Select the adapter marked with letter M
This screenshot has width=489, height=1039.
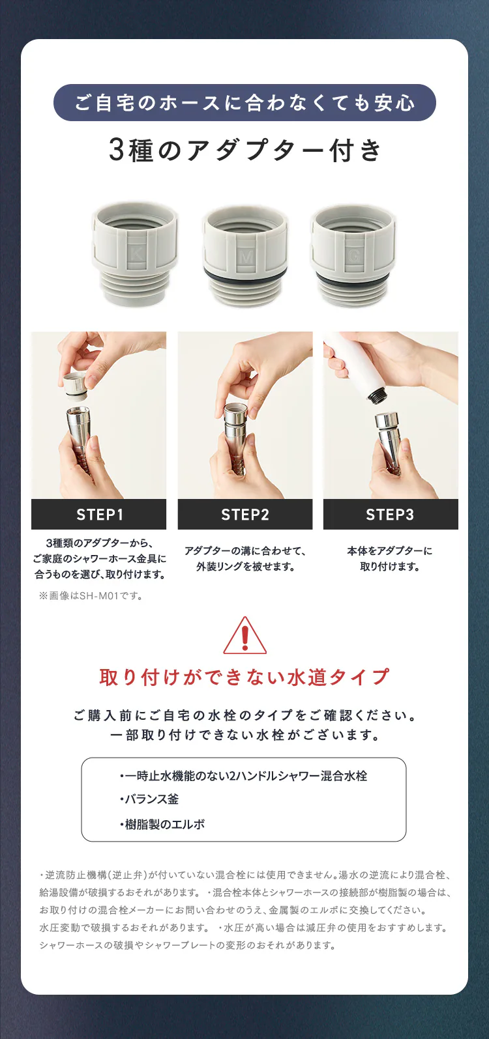(x=244, y=255)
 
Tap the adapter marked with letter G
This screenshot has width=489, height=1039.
(x=353, y=255)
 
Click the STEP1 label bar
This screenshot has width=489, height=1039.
(x=99, y=515)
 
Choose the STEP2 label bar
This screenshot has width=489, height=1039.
(x=245, y=515)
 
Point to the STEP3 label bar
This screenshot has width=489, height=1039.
(x=390, y=515)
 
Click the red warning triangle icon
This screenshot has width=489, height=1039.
(x=244, y=636)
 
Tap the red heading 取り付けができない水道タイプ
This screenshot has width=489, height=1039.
(x=244, y=677)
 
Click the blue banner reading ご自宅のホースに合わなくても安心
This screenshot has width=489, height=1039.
(x=244, y=103)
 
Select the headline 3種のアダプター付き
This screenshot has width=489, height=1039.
(x=244, y=150)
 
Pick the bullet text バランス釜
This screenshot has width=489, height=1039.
(x=150, y=799)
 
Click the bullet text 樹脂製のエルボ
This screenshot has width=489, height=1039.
(x=163, y=824)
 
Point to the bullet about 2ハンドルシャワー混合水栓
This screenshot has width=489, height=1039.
(x=244, y=776)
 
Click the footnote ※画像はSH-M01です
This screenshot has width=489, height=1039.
(x=91, y=595)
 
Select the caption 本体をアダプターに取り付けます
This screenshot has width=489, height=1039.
(x=390, y=558)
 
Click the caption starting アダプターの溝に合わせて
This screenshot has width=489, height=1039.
(x=245, y=558)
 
